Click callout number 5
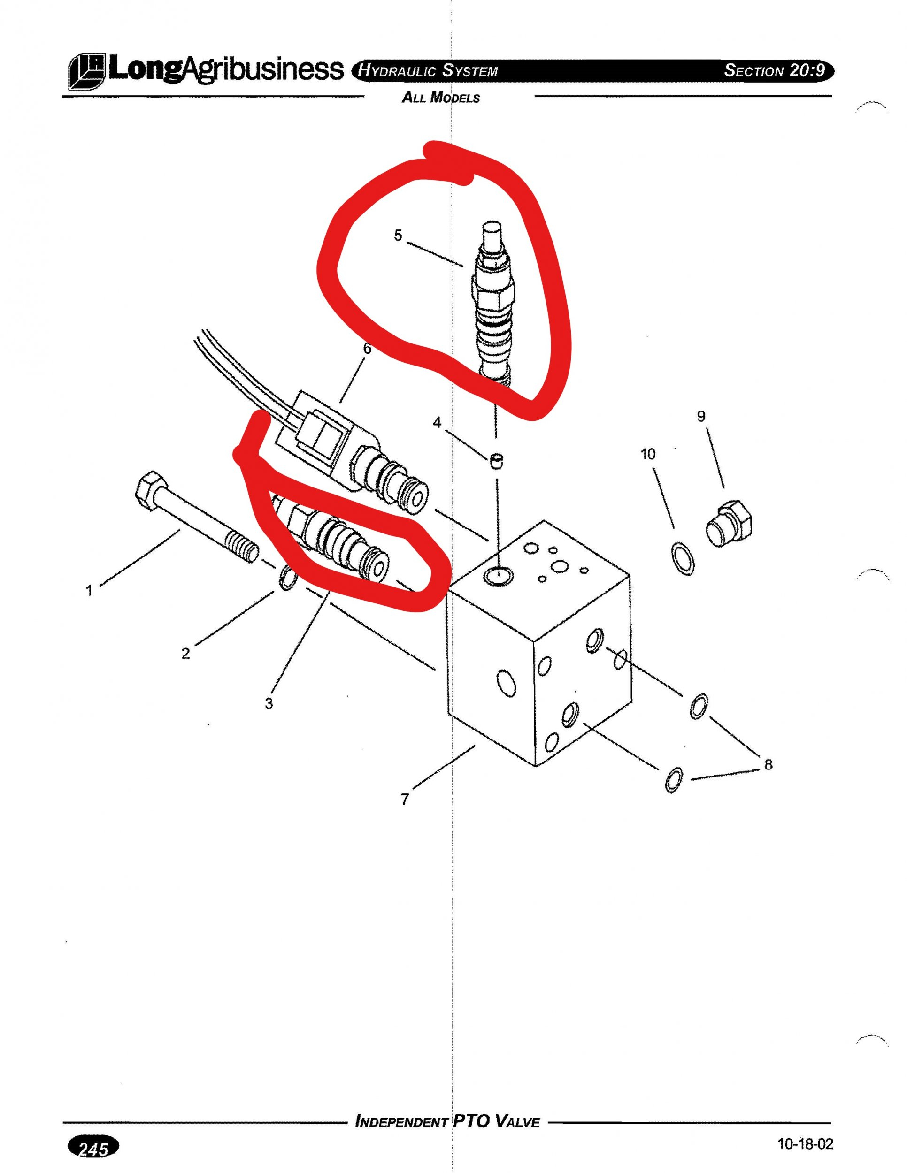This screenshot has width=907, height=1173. [x=398, y=235]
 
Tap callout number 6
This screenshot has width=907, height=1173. [x=367, y=349]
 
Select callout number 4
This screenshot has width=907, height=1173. [x=438, y=423]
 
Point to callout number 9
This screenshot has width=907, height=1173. [x=701, y=416]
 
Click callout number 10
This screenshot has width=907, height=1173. [x=648, y=454]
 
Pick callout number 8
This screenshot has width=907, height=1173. [x=769, y=764]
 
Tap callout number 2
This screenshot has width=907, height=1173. [x=185, y=654]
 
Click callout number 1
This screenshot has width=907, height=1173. [x=89, y=591]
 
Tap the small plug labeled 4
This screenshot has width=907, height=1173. [x=497, y=461]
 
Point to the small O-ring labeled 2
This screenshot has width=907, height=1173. [x=287, y=577]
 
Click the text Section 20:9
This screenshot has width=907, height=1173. [x=774, y=70]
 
